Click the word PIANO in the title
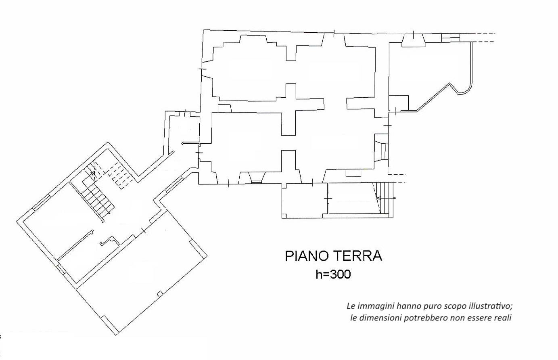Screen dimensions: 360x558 tap(305, 256)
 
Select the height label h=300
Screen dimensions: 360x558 tap(333, 274)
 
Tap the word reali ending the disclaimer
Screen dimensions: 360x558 tap(503, 318)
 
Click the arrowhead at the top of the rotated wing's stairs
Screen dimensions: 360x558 tap(93, 173)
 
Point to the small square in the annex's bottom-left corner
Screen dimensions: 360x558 tap(284, 216)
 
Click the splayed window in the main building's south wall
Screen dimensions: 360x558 tap(257, 178)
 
